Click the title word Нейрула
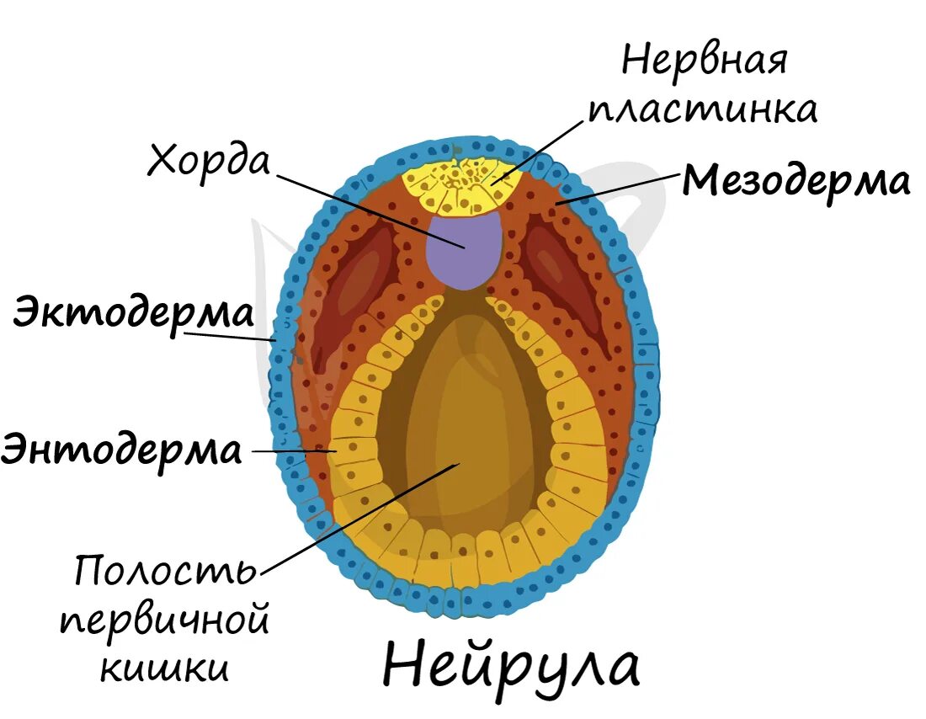click(511, 666)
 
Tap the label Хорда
click(208, 160)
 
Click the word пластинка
click(702, 109)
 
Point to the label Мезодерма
click(796, 181)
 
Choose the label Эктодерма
click(132, 313)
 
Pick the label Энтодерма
click(122, 450)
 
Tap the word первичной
click(165, 621)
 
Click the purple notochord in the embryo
click(464, 248)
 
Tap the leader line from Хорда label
click(370, 211)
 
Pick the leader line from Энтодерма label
click(290, 451)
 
